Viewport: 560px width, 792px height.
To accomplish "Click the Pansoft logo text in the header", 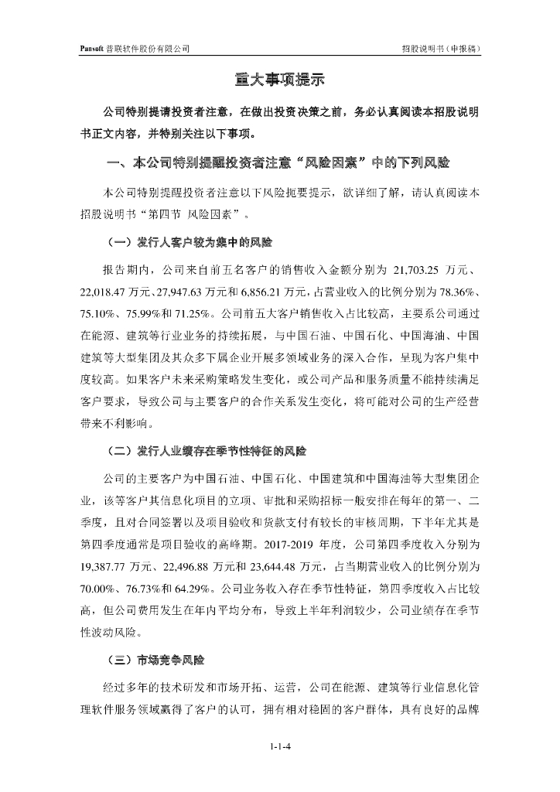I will [x=93, y=48].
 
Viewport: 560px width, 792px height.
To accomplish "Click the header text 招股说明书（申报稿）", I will [x=442, y=48].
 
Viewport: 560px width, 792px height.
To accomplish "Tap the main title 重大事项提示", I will [x=279, y=79].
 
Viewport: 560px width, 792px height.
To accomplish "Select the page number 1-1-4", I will [x=279, y=746].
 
